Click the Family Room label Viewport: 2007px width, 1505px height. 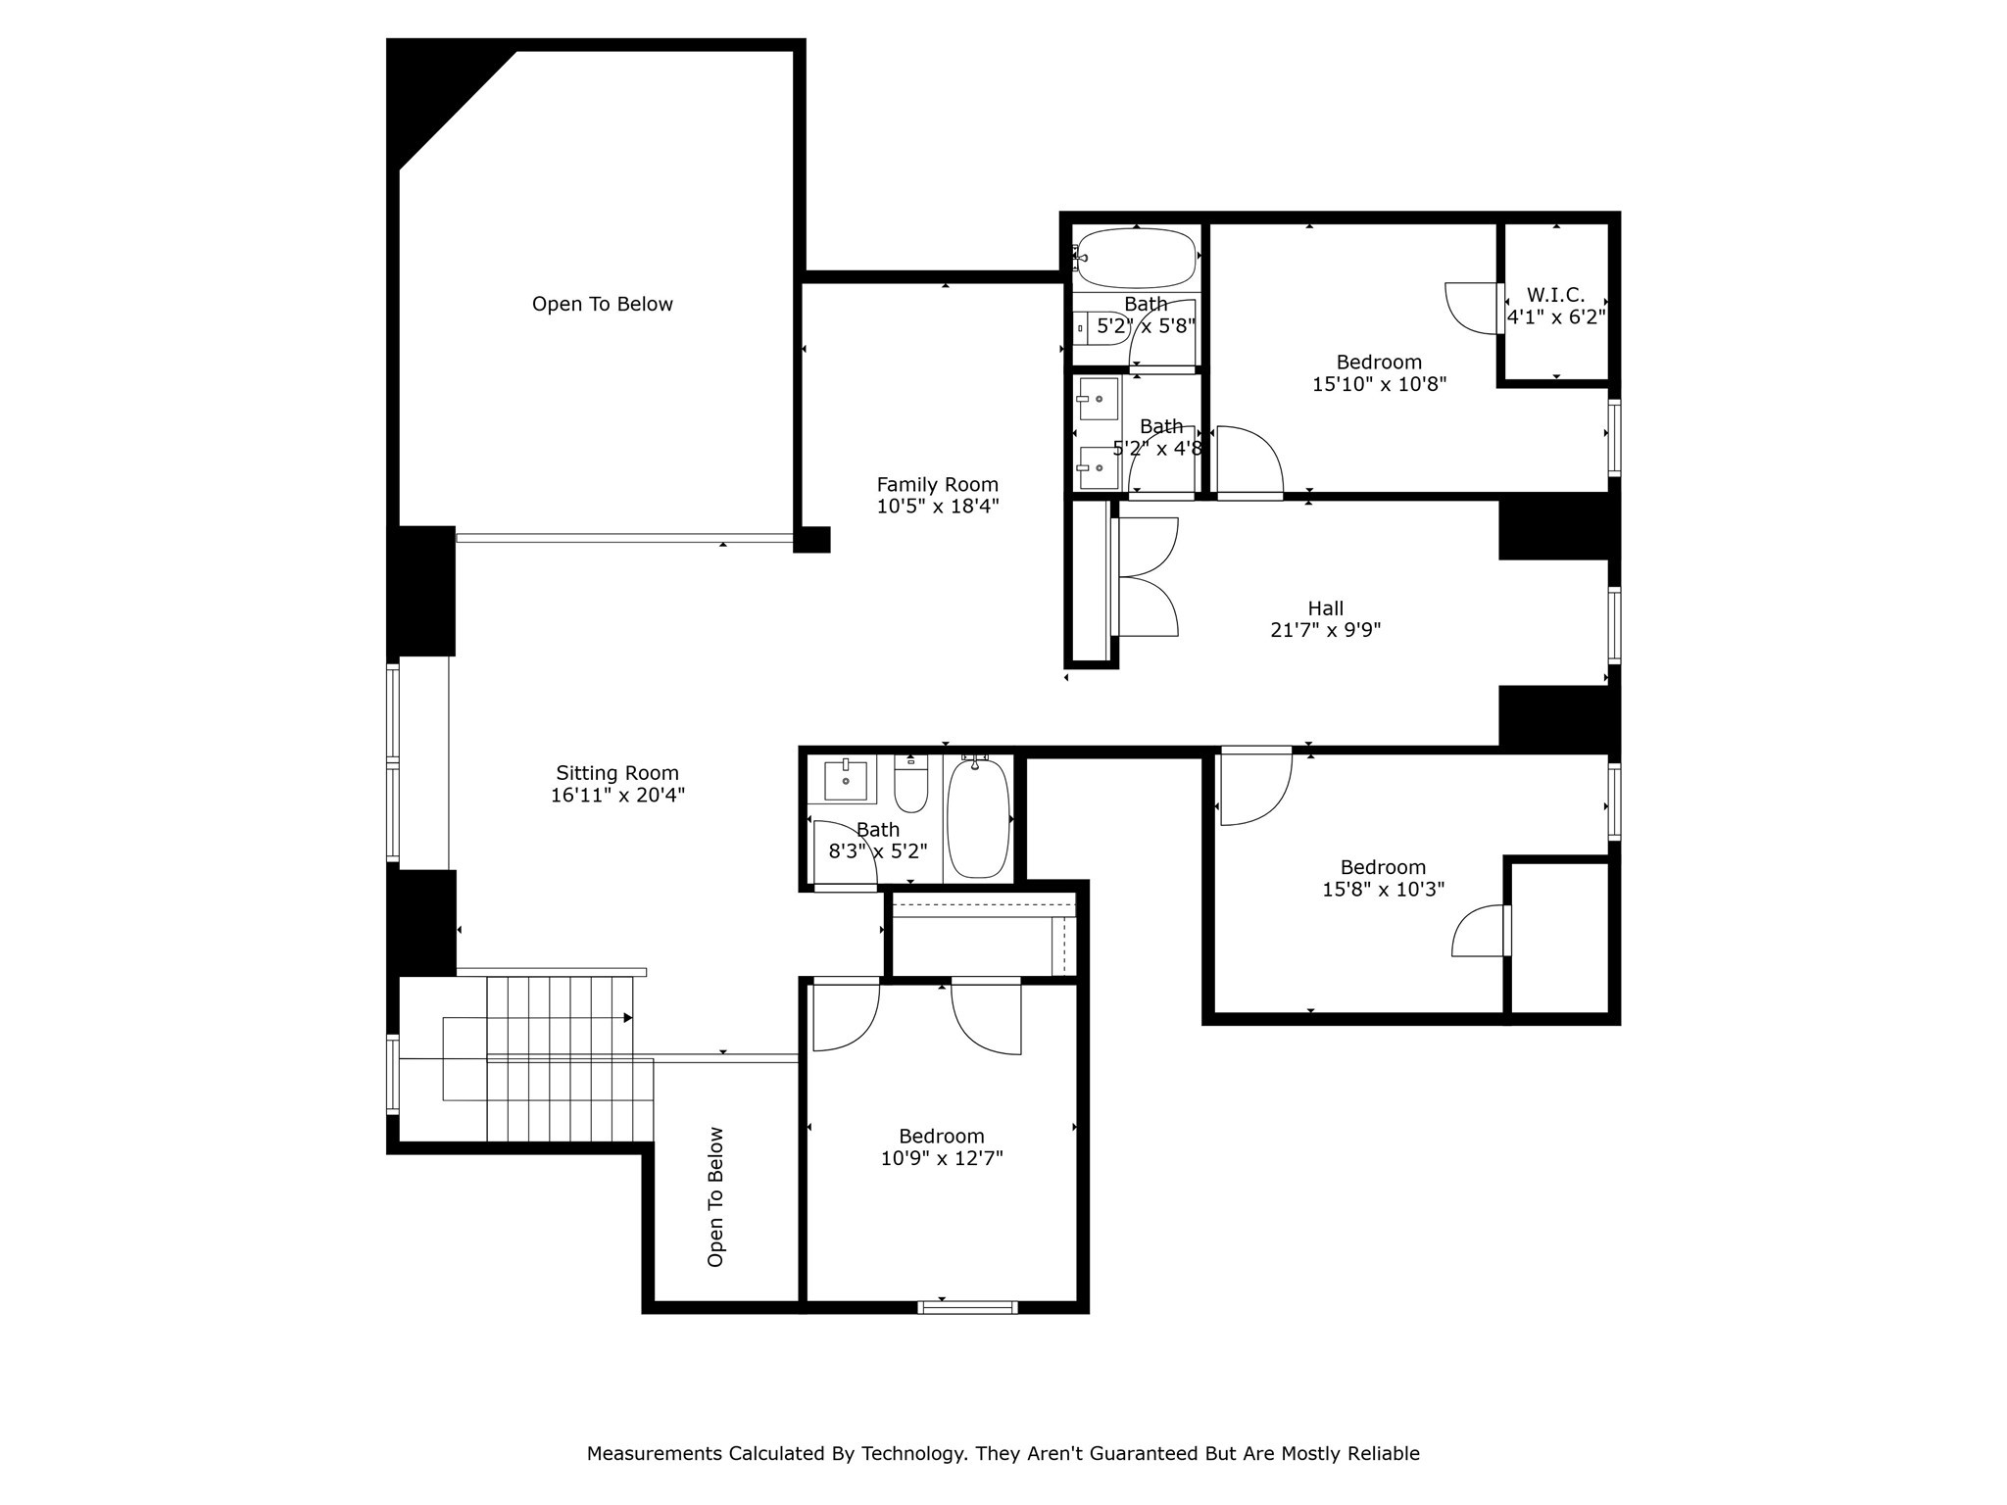[x=937, y=484]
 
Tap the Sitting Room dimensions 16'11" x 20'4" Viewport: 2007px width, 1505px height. [x=617, y=796]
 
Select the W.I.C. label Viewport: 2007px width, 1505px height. [x=1555, y=295]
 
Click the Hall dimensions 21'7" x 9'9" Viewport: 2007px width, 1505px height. [x=1325, y=630]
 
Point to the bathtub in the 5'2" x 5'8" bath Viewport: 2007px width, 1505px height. [x=1136, y=257]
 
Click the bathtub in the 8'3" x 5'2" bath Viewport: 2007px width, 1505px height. [x=977, y=819]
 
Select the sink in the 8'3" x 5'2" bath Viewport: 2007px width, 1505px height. [x=846, y=780]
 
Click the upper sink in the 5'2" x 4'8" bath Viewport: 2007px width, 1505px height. [x=1099, y=399]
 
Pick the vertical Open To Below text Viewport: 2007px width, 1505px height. [x=715, y=1196]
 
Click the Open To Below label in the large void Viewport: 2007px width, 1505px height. [x=602, y=304]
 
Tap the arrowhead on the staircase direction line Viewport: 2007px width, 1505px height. [x=627, y=1018]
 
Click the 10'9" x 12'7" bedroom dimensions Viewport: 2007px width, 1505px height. [x=941, y=1159]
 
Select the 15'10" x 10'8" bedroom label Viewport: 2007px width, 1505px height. [x=1379, y=363]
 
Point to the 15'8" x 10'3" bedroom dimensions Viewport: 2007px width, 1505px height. [x=1383, y=890]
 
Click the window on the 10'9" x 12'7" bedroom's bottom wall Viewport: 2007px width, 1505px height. [x=967, y=1307]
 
